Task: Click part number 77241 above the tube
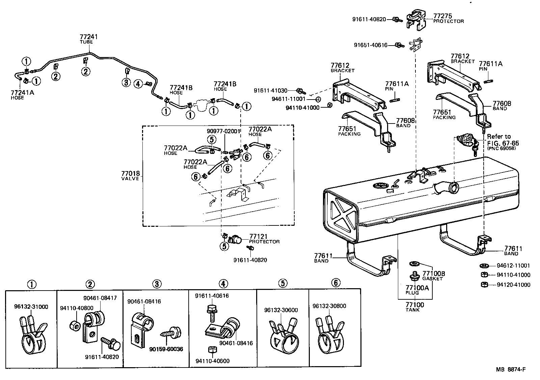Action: [x=89, y=37]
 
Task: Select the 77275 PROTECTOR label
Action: [x=448, y=18]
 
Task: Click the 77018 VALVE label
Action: [x=130, y=176]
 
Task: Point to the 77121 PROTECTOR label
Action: [x=264, y=239]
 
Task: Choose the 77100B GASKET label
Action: [x=434, y=276]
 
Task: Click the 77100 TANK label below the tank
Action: [x=414, y=307]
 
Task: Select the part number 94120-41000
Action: [x=513, y=284]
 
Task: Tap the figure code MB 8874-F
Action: [x=510, y=369]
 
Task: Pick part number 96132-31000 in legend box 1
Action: [x=31, y=307]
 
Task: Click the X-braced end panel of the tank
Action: [x=341, y=215]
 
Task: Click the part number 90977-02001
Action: [x=223, y=131]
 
